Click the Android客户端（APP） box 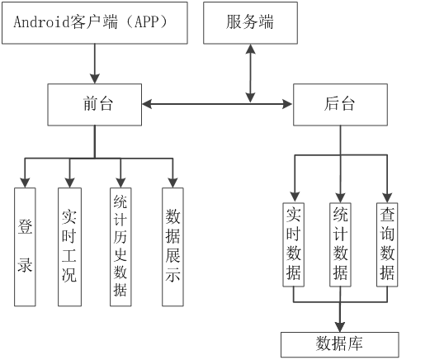point(95,23)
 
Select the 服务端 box point(250,23)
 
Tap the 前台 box point(95,105)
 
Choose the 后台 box point(340,105)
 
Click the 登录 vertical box point(25,247)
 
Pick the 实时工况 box point(69,247)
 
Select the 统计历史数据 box point(120,247)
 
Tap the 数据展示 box point(172,247)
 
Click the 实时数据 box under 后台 point(294,244)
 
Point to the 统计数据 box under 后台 point(340,244)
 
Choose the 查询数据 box point(387,244)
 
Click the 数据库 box point(340,344)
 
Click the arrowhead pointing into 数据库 point(340,327)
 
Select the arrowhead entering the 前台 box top point(95,78)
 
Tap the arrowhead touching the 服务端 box point(250,49)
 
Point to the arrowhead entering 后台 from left point(287,104)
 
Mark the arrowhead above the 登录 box point(25,182)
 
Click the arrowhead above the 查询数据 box point(387,198)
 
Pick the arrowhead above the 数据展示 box point(172,182)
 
